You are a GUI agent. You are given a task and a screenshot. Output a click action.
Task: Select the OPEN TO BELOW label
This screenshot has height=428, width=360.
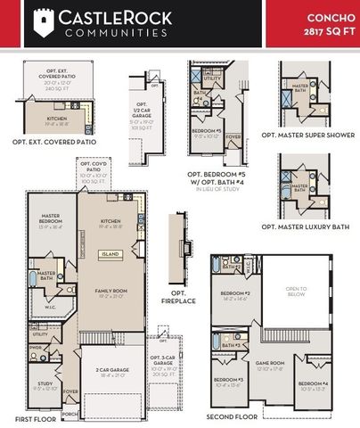coord(296,291)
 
